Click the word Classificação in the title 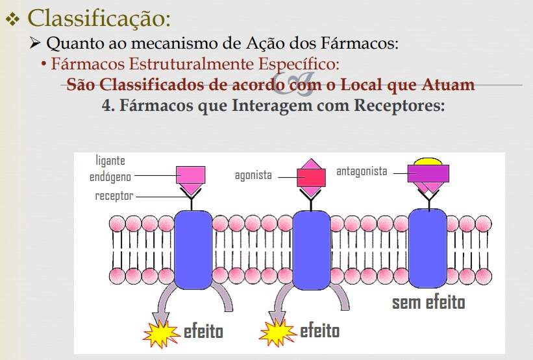(99, 19)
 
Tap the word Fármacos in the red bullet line (88, 64)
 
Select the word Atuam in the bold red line (448, 84)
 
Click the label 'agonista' (253, 175)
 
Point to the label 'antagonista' (362, 171)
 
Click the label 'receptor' (114, 196)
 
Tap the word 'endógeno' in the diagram (110, 176)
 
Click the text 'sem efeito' (428, 302)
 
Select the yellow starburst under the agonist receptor (277, 333)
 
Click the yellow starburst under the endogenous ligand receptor (162, 334)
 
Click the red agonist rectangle (311, 178)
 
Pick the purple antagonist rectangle (428, 174)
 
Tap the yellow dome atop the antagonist (428, 162)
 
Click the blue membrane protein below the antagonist (428, 248)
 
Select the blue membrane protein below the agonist (312, 250)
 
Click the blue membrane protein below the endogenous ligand (193, 250)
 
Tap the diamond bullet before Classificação (12, 19)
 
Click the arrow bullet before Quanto (35, 43)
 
